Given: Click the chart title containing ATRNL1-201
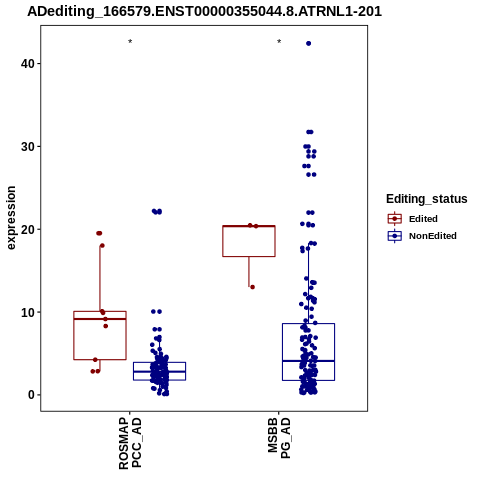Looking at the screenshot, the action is pos(204,11).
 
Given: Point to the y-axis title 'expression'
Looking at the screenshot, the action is pos(11,218).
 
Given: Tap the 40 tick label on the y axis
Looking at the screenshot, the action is pos(28,63).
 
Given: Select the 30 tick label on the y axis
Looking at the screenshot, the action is pos(28,146).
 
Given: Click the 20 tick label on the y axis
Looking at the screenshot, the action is pos(28,229).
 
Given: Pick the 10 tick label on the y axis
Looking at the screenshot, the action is pos(28,312).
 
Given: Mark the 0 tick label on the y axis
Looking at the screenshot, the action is pos(32,395).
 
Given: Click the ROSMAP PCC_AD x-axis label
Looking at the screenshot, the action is pos(130,443).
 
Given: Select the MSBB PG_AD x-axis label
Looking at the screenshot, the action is pos(279,438).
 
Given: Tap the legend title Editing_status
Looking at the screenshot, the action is pos(427,199).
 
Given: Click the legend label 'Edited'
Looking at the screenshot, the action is pos(423,219).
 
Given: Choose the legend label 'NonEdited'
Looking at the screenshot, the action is pos(433,236).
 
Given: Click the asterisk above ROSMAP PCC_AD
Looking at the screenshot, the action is pos(130,41).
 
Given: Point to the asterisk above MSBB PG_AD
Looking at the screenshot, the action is pos(279,41).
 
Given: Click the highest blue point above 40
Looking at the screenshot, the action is pos(308,43).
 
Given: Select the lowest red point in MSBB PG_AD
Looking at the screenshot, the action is pos(252,287).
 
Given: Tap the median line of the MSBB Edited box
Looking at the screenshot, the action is pos(249,226).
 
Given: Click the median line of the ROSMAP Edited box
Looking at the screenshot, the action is pos(100,319).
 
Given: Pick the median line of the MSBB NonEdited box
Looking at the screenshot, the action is pos(308,361).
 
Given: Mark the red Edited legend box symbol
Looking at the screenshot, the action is pos(395,219).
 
